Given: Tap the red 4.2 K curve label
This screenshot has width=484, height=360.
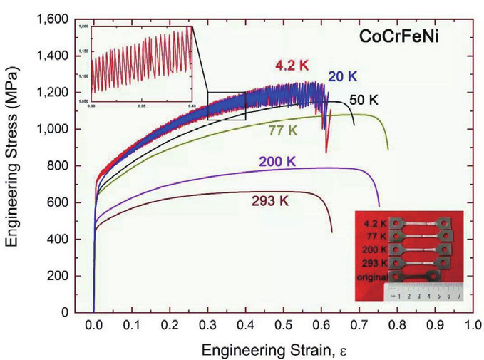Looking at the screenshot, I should (291, 66).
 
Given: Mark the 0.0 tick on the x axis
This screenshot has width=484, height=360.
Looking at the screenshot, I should (94, 325).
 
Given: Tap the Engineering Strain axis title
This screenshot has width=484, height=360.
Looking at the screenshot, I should (274, 349).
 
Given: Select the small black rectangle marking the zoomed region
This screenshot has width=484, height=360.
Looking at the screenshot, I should (226, 106).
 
